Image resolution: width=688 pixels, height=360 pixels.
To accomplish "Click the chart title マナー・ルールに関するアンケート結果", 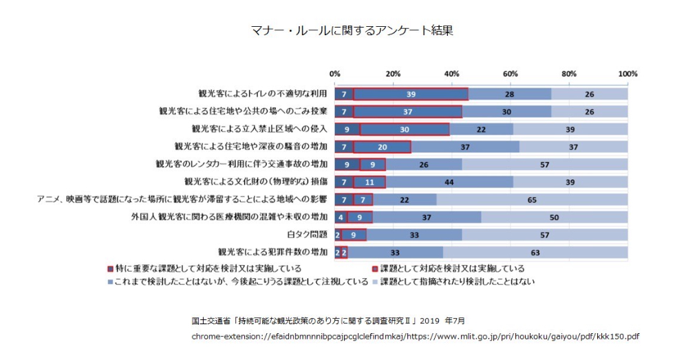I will (342, 30).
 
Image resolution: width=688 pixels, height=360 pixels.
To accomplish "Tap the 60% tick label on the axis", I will (510, 74).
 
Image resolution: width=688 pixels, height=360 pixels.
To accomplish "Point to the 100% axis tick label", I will (627, 74).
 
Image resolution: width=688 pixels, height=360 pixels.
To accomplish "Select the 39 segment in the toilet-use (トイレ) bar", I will (411, 94).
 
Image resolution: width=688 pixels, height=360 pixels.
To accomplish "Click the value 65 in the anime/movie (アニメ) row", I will (533, 199).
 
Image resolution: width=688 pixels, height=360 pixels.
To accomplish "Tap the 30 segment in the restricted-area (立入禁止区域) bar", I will (405, 129).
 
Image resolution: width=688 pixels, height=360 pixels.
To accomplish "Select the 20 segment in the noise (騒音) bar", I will (382, 147).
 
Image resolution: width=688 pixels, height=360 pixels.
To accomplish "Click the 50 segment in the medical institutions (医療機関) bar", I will (555, 217).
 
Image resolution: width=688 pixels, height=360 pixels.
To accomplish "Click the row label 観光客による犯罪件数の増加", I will (273, 253).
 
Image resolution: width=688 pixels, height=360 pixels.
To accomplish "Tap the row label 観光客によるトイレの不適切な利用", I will (262, 94).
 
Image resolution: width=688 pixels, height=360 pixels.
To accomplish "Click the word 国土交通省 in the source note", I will (214, 321).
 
